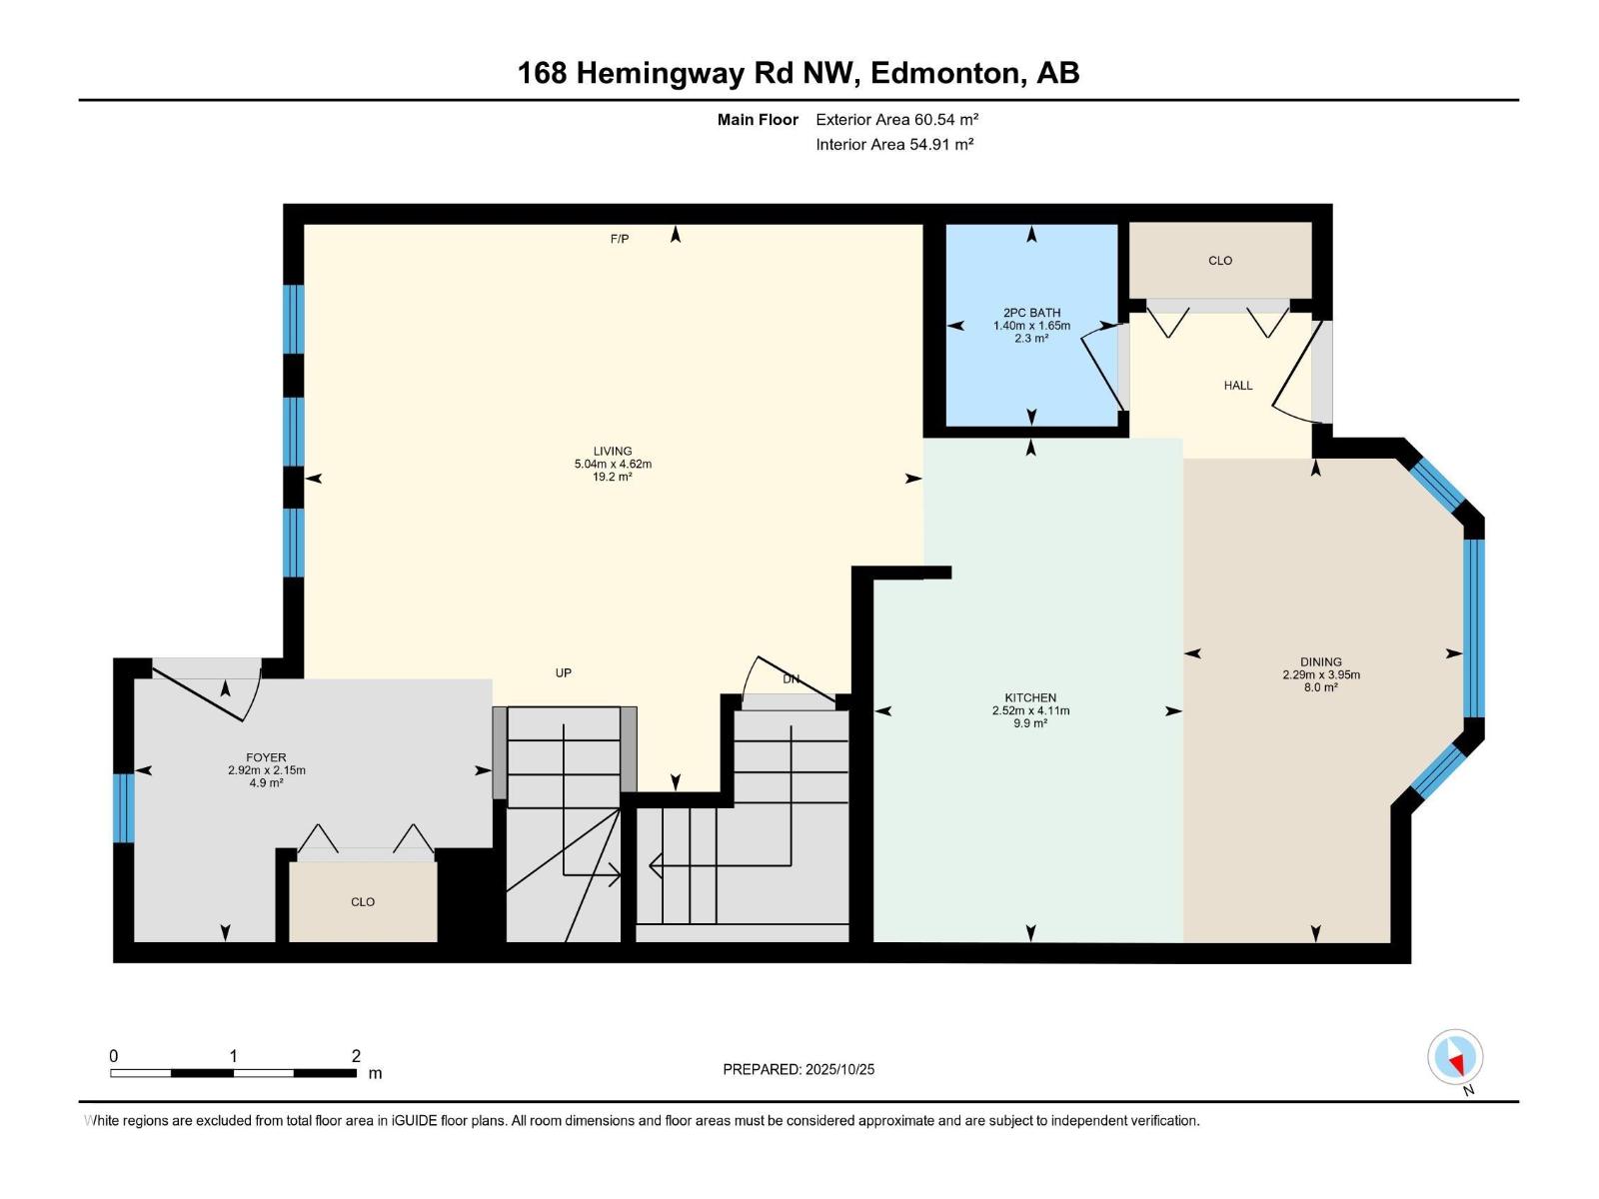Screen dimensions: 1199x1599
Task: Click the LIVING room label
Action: [613, 451]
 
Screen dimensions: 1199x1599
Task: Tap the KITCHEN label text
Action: [1030, 697]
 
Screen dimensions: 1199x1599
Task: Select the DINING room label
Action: [1321, 661]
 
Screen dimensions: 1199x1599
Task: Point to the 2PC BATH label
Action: [1031, 313]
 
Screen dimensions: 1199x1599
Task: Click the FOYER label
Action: [266, 757]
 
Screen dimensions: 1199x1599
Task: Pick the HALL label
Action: [1238, 385]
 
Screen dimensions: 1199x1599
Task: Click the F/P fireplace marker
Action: [620, 239]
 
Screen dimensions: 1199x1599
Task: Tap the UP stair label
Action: [564, 672]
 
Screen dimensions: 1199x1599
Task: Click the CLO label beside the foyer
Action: [363, 901]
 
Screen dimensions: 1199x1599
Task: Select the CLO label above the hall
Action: [1220, 260]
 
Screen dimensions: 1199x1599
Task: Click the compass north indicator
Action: [1455, 1058]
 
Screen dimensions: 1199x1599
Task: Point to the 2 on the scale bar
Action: [356, 1055]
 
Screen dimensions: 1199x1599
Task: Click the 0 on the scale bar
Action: [114, 1055]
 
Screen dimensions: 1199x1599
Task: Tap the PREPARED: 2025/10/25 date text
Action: [799, 1069]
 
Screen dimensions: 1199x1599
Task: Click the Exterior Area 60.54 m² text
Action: [896, 119]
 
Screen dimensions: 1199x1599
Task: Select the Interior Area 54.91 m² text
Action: [894, 144]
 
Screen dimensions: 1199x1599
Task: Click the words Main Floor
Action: [758, 119]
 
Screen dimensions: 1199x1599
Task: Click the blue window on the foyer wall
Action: [124, 807]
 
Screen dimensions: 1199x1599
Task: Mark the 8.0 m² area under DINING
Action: [1321, 687]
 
